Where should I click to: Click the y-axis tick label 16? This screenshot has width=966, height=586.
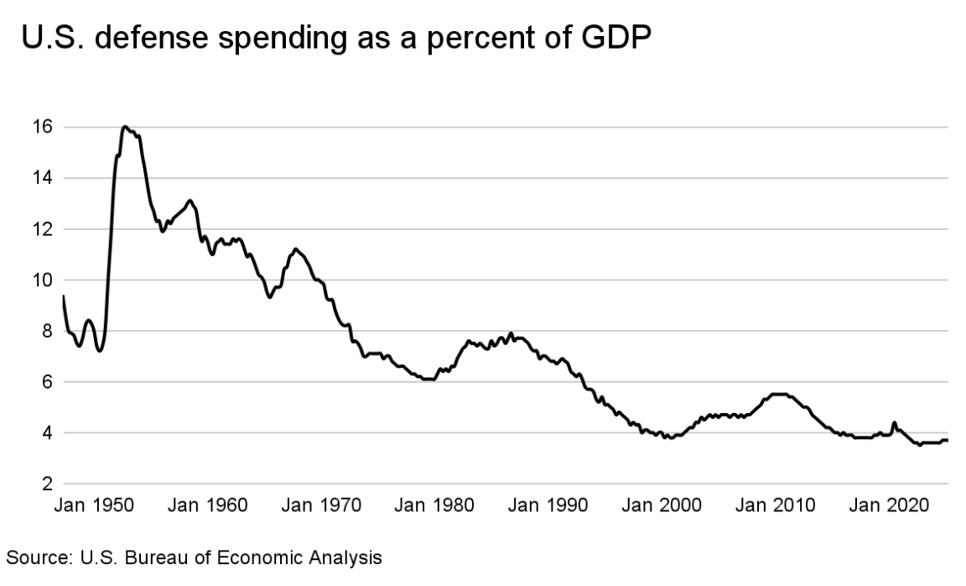[x=43, y=127]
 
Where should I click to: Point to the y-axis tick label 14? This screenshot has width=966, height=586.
[x=43, y=178]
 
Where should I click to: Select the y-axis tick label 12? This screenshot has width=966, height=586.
[x=43, y=229]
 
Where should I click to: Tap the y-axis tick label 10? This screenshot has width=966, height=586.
[x=43, y=280]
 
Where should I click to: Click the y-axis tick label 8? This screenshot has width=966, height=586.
[x=47, y=332]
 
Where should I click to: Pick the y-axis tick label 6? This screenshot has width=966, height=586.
[x=47, y=383]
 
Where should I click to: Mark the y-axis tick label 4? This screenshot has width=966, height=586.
[x=47, y=434]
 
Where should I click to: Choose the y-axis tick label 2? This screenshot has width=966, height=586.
[x=47, y=485]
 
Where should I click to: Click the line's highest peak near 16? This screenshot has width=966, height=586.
[x=125, y=127]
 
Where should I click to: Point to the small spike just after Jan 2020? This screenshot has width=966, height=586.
[x=894, y=423]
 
